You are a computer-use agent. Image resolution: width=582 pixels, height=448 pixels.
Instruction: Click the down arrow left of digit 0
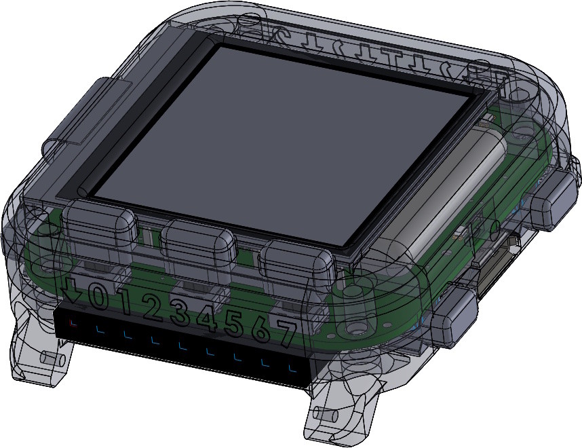click(72, 292)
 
